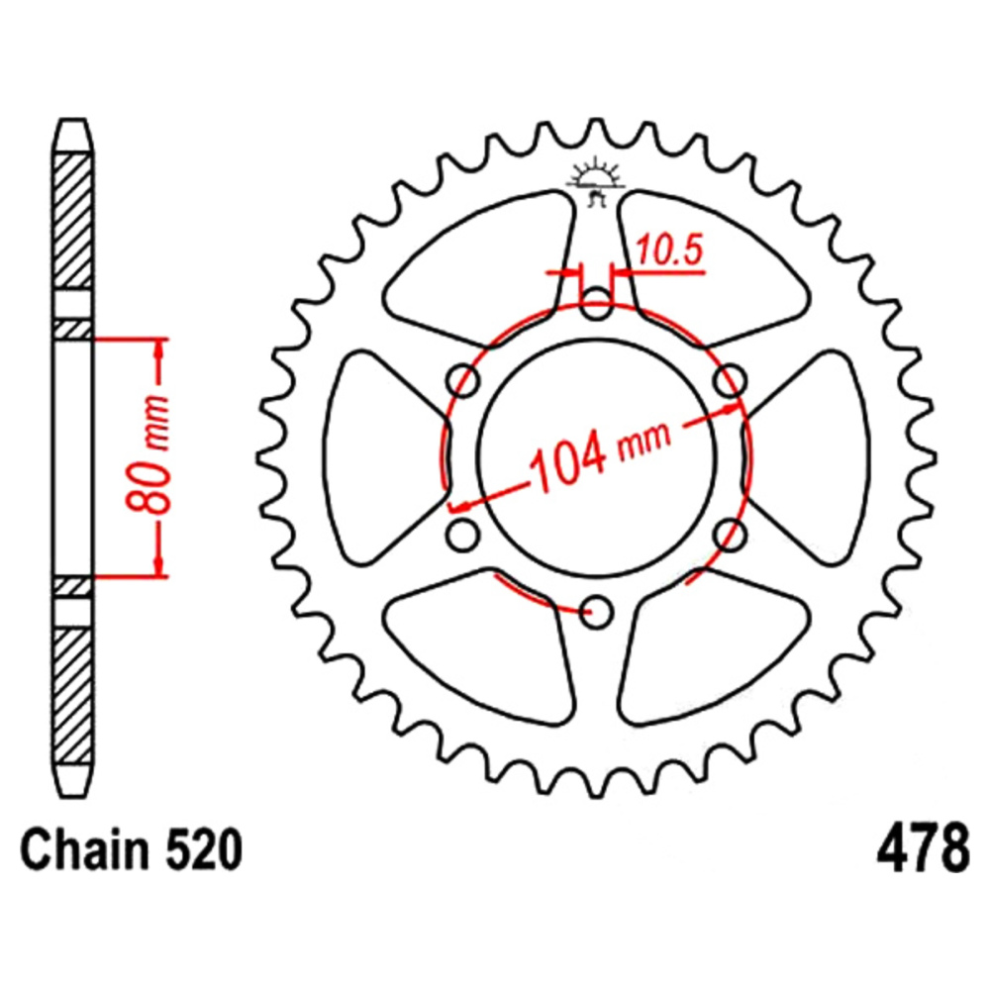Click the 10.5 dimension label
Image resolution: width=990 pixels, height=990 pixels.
coord(668,250)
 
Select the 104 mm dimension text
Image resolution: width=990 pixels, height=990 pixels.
coord(600,452)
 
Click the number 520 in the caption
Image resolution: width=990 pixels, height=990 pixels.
coord(204,849)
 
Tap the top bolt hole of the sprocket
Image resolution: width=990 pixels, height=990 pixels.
coord(596,304)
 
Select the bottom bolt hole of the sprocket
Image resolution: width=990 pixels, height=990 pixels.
coord(596,612)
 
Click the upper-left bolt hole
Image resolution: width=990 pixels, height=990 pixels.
coord(462,381)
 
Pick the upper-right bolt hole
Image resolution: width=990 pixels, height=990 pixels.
coord(730,381)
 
